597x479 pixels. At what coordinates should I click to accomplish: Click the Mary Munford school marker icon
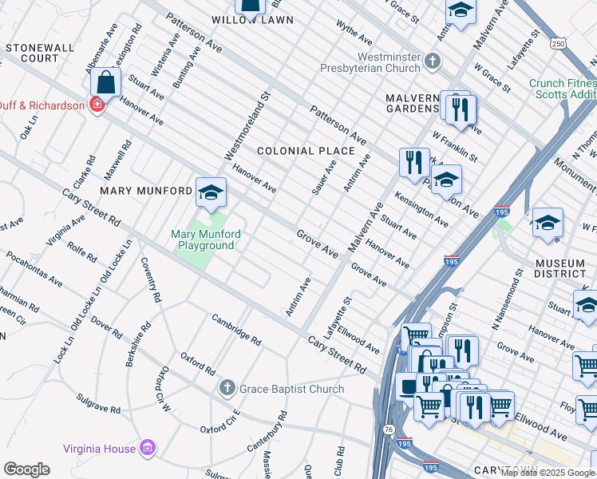[x=211, y=192]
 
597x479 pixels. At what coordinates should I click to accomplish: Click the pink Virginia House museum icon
[x=146, y=449]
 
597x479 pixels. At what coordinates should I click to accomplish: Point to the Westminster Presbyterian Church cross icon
[x=433, y=61]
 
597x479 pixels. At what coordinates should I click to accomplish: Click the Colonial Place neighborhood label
[x=305, y=151]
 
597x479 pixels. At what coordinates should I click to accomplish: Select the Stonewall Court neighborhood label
[x=39, y=53]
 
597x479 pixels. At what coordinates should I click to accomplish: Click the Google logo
[x=26, y=469]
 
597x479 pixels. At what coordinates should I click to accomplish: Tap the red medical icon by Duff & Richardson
[x=97, y=104]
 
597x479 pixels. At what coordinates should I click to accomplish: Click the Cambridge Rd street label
[x=236, y=329]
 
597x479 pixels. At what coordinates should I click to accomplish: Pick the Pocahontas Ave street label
[x=34, y=268]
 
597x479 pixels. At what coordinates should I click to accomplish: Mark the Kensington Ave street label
[x=421, y=207]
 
